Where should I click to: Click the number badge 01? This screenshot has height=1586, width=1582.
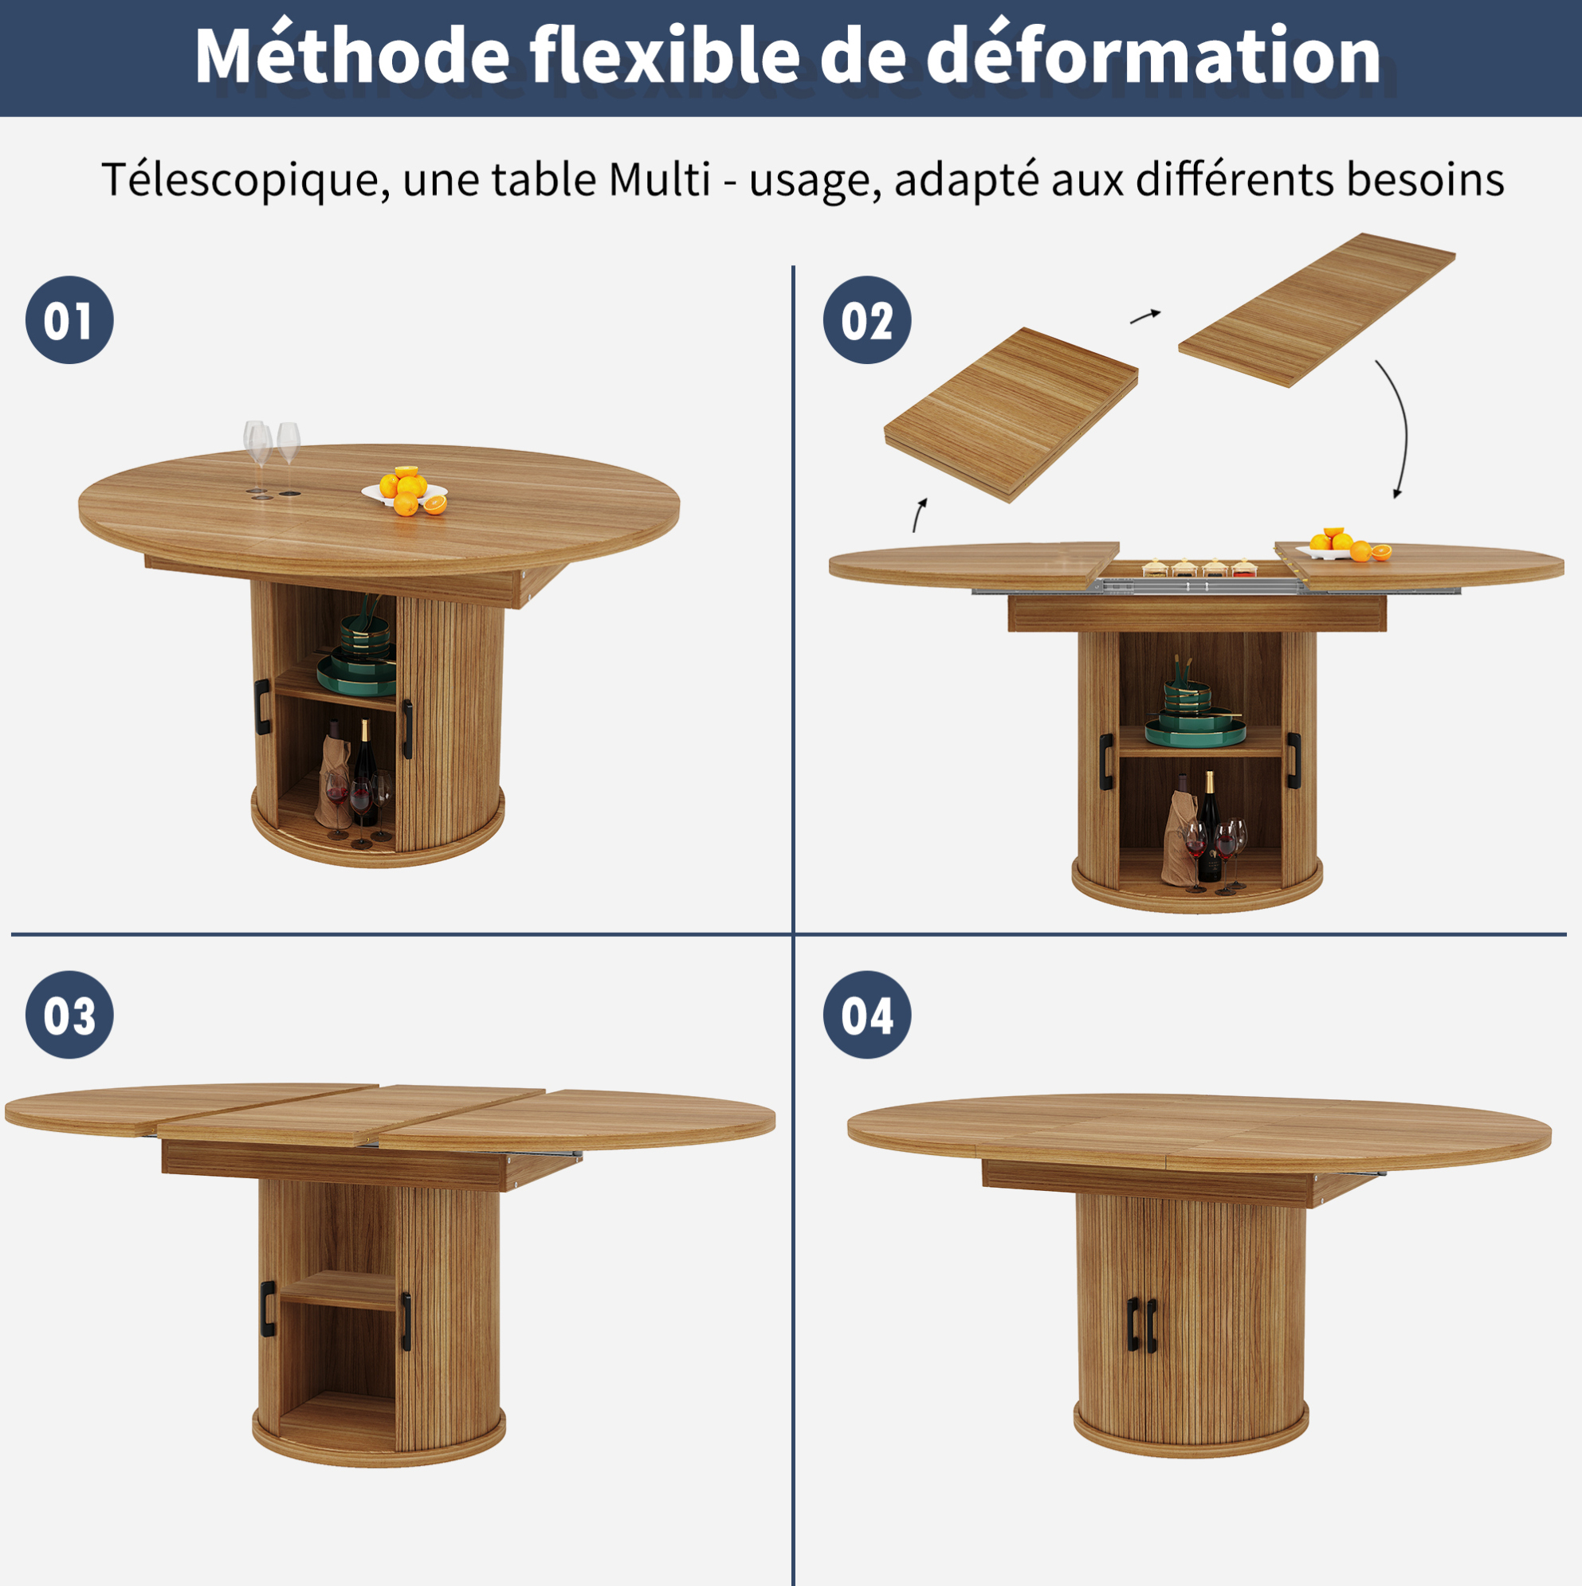(x=70, y=320)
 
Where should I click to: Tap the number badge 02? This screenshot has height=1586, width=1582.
(x=866, y=320)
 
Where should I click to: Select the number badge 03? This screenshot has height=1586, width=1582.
(x=70, y=1015)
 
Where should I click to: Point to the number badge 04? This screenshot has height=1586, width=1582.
(x=866, y=1015)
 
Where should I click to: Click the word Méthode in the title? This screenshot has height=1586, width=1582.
(x=352, y=55)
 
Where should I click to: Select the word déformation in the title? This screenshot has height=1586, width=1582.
(x=1153, y=55)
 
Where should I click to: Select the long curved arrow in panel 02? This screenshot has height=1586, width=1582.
(x=1403, y=428)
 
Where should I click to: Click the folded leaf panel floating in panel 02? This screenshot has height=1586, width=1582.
(x=1011, y=413)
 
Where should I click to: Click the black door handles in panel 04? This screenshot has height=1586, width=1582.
(x=1142, y=1324)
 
